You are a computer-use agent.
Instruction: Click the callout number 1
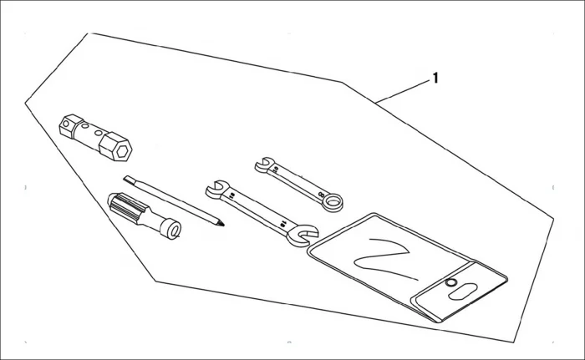[x=435, y=79]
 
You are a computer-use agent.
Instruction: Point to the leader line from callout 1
[x=402, y=91]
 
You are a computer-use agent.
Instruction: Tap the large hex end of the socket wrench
[x=115, y=147]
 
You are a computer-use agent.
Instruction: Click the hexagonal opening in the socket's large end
[x=122, y=151]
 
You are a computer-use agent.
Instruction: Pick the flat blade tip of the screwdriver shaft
[x=128, y=178]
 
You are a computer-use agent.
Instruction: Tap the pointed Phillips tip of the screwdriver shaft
[x=220, y=223]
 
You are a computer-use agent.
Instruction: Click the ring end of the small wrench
[x=332, y=202]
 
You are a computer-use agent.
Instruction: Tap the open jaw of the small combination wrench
[x=264, y=165]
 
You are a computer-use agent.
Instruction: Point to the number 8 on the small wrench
[x=321, y=194]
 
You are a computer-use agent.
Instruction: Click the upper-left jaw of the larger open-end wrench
[x=216, y=189]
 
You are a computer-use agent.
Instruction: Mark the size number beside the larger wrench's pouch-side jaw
[x=283, y=224]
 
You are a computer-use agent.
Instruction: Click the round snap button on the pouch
[x=450, y=283]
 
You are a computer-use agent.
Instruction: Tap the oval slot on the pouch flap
[x=463, y=291]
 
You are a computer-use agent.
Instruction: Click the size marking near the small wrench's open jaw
[x=275, y=170]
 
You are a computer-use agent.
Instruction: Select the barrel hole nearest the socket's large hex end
[x=99, y=133]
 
